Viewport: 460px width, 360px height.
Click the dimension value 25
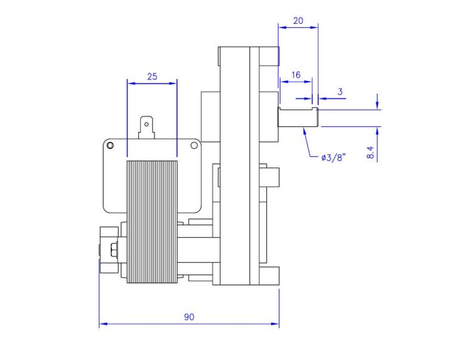click(x=152, y=76)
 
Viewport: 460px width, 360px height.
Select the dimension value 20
click(x=298, y=20)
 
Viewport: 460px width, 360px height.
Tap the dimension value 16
click(x=296, y=76)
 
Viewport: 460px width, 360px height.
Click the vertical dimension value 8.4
click(x=371, y=152)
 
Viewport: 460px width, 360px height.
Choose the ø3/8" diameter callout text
click(x=332, y=158)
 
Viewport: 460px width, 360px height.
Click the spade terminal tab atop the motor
click(x=145, y=126)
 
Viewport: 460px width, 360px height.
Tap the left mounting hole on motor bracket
click(x=110, y=145)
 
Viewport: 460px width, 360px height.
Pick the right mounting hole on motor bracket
click(x=194, y=145)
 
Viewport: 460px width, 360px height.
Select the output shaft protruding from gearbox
click(x=298, y=117)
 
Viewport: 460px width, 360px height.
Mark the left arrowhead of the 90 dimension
click(x=102, y=324)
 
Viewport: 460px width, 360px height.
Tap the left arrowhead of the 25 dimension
click(x=130, y=83)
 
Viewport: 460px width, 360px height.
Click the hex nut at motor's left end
click(x=109, y=248)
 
